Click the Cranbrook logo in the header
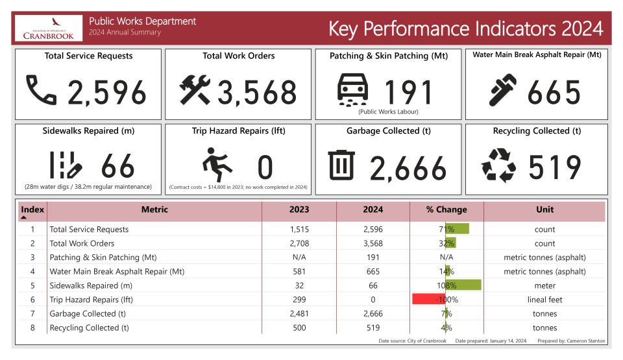(48, 29)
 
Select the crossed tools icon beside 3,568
(195, 90)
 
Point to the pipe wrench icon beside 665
(503, 91)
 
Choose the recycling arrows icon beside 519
(498, 165)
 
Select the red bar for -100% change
(429, 299)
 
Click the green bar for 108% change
(463, 285)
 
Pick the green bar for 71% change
(457, 229)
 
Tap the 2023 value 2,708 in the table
(299, 243)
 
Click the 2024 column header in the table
(373, 210)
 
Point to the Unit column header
(544, 210)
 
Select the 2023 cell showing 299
(299, 300)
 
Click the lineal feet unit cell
(544, 300)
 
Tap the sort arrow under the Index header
(24, 218)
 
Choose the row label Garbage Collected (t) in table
(87, 313)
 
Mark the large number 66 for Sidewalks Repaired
(118, 167)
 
